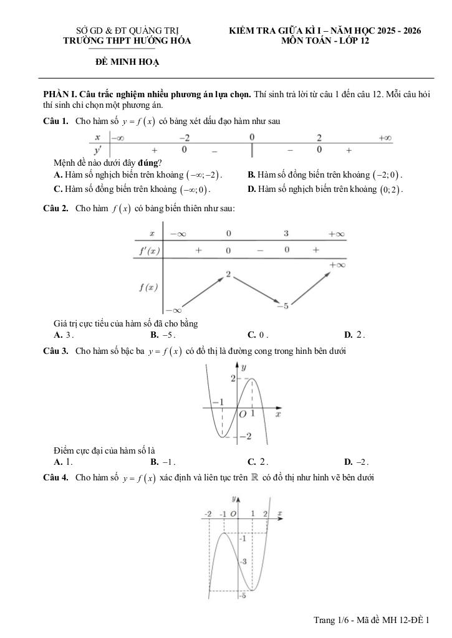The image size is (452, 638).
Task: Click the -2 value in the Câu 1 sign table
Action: (x=185, y=138)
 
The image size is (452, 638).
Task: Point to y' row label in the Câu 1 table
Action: (x=97, y=150)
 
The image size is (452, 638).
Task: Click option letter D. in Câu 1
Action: (x=251, y=189)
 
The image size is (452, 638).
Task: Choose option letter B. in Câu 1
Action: (x=251, y=175)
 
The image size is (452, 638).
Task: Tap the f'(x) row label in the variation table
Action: (x=148, y=250)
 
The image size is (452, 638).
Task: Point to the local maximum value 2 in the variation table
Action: (x=229, y=274)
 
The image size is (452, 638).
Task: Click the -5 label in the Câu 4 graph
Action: (x=244, y=596)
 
